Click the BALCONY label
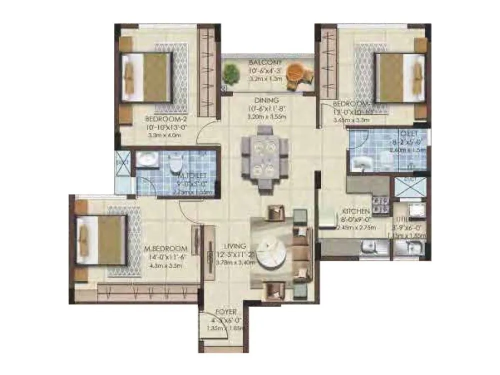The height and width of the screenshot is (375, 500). click(x=264, y=62)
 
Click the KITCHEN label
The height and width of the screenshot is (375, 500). click(x=355, y=211)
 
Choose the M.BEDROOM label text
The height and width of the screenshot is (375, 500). click(x=165, y=248)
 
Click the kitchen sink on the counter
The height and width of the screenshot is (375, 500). click(x=370, y=245)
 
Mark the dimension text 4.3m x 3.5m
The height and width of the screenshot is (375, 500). click(x=164, y=265)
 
